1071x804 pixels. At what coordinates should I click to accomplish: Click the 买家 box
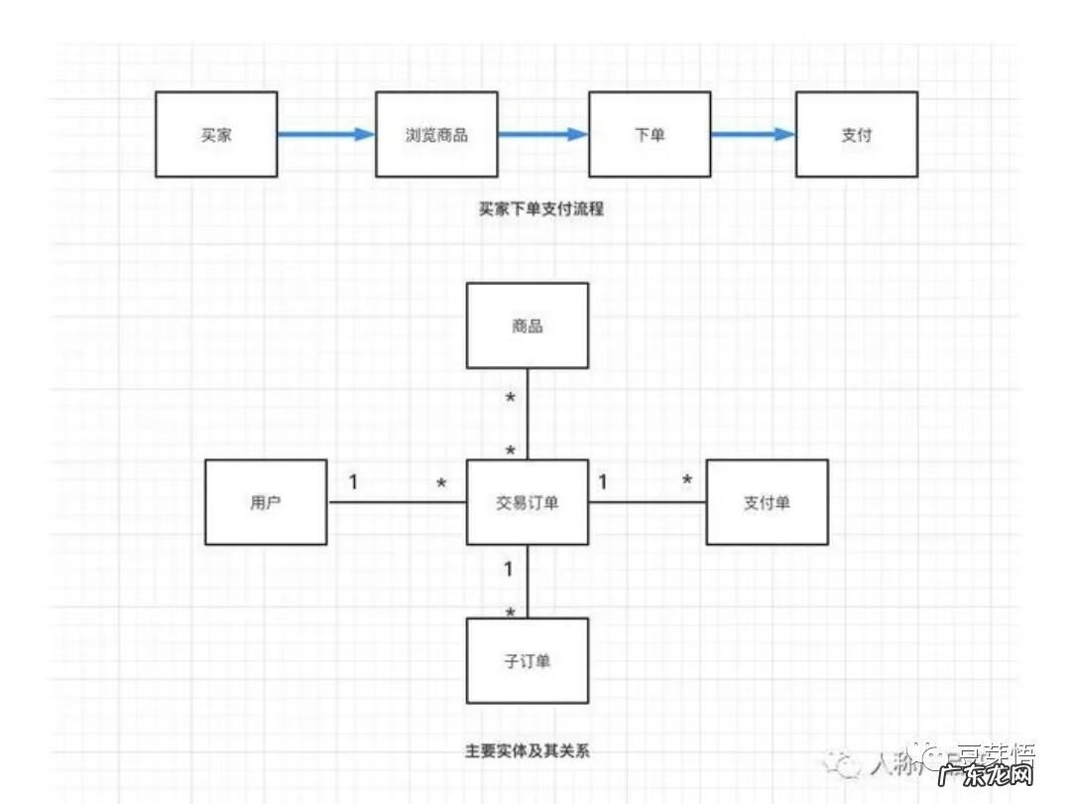click(216, 134)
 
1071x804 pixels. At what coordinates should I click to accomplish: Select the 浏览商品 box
click(436, 134)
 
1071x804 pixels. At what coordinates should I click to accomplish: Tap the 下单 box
click(650, 134)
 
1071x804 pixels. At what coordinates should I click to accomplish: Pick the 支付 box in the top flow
click(856, 134)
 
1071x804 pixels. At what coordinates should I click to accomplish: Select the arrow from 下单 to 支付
click(753, 134)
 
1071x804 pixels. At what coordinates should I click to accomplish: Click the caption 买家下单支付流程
click(540, 209)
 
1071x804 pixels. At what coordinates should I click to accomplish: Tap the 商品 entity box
click(528, 326)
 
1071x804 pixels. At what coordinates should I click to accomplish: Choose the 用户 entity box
click(266, 502)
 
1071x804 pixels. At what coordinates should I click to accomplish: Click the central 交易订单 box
click(528, 502)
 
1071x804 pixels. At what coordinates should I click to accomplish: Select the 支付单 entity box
click(767, 502)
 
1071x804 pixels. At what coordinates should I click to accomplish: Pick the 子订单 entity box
click(528, 660)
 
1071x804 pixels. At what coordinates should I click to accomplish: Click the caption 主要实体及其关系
click(527, 750)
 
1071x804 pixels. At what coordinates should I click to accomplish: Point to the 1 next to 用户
click(353, 482)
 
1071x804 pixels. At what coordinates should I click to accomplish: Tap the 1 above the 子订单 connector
click(509, 570)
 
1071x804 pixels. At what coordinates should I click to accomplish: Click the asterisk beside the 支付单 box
click(686, 482)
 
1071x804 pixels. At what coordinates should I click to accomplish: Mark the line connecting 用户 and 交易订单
click(397, 502)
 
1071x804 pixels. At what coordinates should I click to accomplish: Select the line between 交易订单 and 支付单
click(647, 502)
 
